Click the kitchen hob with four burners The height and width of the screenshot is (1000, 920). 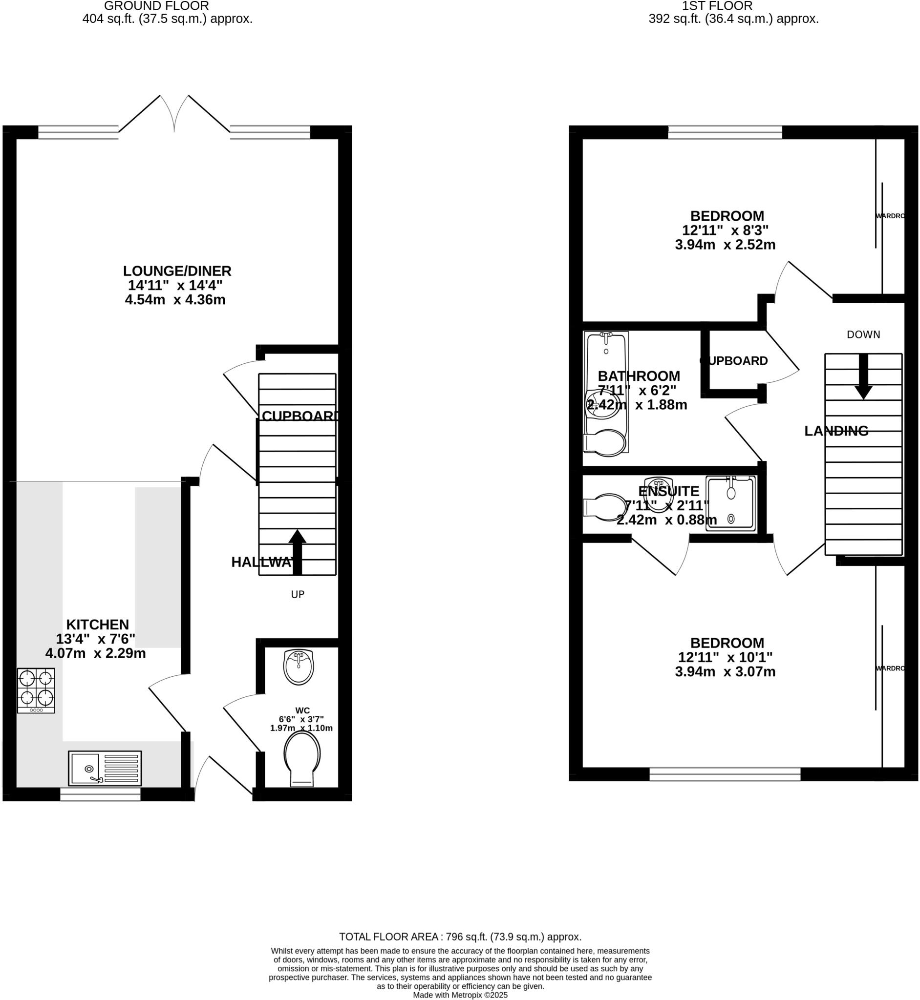tap(36, 690)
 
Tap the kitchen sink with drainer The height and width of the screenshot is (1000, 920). tap(105, 768)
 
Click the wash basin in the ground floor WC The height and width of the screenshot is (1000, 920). tap(298, 667)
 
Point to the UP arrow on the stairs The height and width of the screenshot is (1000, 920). tap(297, 552)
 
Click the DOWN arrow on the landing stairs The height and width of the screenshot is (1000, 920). tap(863, 376)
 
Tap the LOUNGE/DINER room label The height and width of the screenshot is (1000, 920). tap(177, 271)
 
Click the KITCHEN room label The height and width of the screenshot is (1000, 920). tap(98, 625)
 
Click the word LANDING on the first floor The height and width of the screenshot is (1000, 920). tap(836, 431)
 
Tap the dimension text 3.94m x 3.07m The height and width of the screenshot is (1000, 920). tap(725, 672)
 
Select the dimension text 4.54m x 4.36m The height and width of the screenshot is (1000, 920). tap(175, 300)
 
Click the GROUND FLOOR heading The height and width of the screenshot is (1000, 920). tap(156, 6)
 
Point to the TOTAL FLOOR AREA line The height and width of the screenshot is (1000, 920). tap(460, 937)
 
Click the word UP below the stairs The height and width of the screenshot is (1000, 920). tap(297, 594)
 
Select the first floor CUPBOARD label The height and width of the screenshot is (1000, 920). tap(734, 361)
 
